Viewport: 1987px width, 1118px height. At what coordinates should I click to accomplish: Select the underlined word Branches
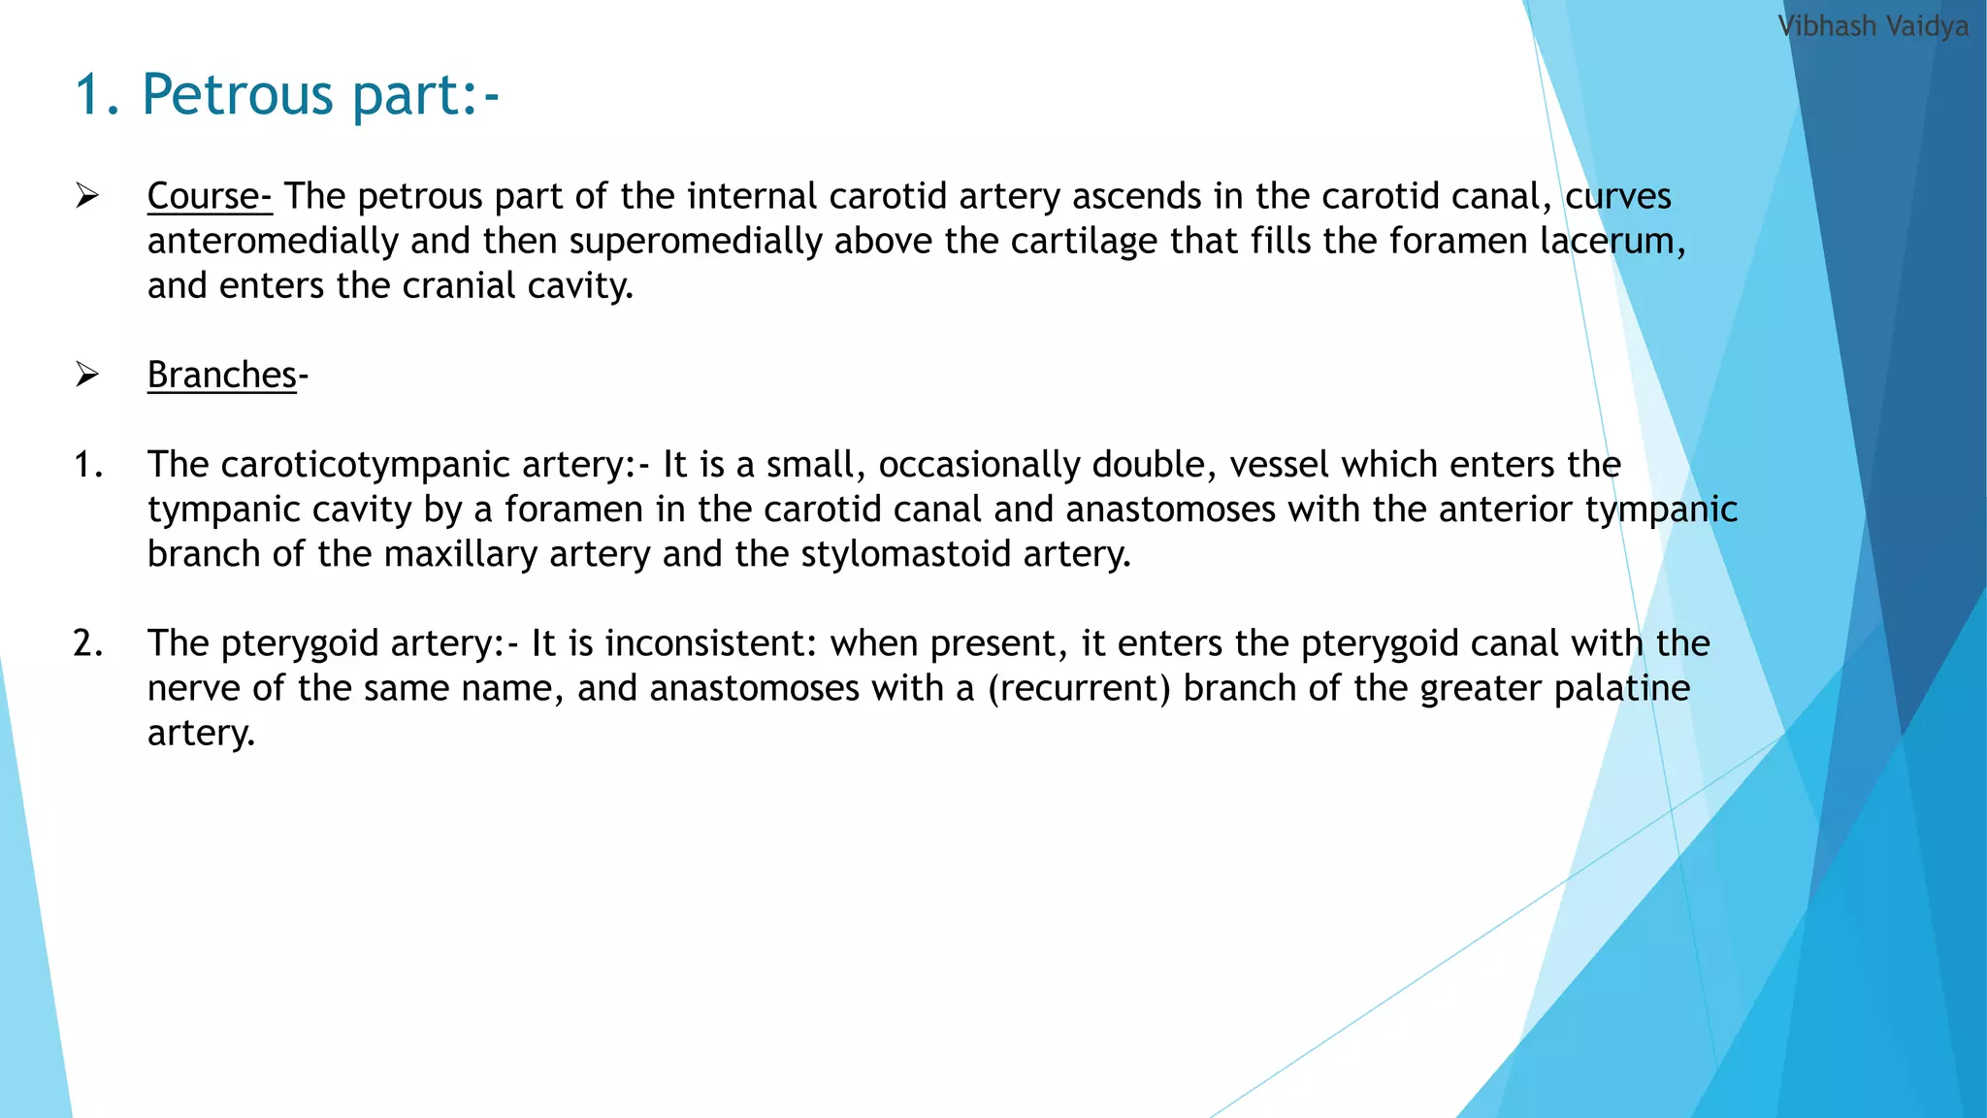coord(221,376)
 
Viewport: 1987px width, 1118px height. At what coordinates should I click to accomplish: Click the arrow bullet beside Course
coord(87,196)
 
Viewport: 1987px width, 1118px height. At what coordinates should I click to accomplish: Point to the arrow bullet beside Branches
coord(87,375)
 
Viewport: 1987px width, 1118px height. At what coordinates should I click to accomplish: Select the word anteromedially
coord(273,241)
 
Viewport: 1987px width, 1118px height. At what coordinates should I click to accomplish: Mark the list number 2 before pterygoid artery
coord(87,643)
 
